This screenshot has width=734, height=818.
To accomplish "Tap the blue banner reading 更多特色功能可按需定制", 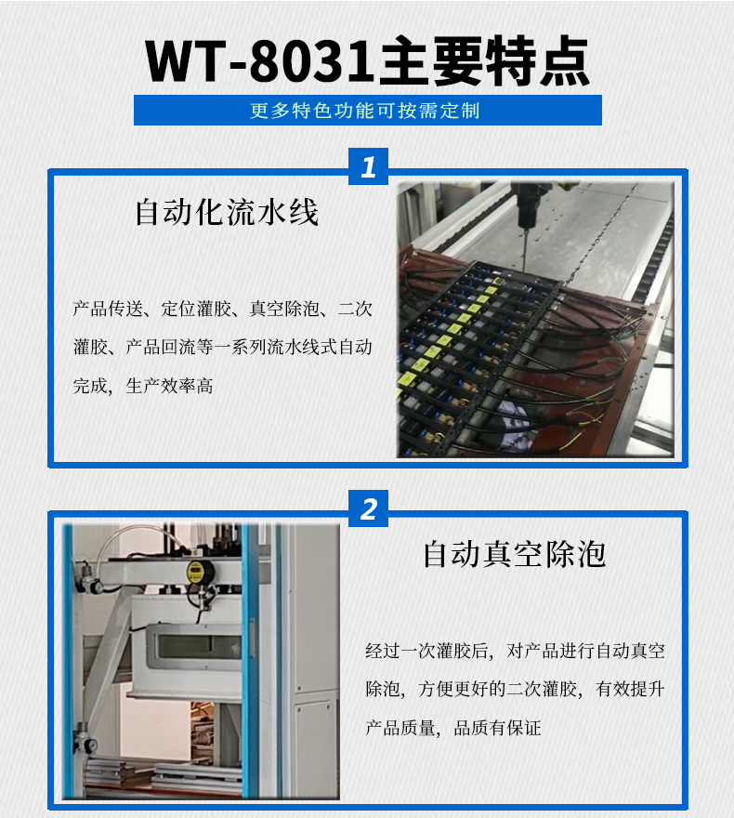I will [368, 111].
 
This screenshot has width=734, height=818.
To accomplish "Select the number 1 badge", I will [368, 167].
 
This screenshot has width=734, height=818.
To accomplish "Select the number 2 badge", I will [368, 509].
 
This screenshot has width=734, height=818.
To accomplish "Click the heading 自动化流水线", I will [227, 212].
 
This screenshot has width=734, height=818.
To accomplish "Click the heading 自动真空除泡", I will [514, 554].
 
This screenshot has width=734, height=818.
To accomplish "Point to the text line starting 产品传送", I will [222, 310].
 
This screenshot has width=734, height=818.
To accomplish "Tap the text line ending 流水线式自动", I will [222, 348].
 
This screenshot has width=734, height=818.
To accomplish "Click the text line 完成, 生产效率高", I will [143, 385].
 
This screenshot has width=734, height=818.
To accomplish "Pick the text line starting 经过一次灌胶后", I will [515, 651].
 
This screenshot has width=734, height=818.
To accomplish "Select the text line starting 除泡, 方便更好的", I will [515, 689].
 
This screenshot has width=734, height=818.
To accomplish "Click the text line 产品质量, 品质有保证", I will [453, 727].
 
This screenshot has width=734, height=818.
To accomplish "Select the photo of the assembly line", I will [535, 320].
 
